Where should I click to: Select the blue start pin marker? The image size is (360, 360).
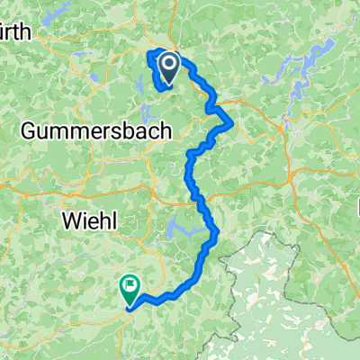click(166, 64)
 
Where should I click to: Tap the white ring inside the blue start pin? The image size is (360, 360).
click(166, 62)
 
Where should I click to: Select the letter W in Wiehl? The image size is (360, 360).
click(67, 219)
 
